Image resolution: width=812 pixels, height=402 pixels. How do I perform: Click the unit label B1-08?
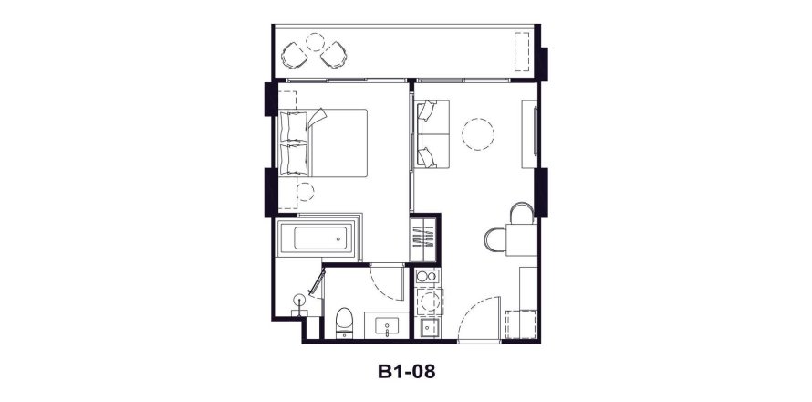406,372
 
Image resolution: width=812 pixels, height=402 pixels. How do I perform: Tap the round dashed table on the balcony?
315,41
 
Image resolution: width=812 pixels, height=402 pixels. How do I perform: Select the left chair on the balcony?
295,55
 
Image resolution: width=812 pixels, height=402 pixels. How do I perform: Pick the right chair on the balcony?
334,55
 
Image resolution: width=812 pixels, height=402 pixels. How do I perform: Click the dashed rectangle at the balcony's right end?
522,52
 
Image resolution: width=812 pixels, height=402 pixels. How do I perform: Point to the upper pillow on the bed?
294,127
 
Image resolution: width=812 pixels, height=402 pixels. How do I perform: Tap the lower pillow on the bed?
294,159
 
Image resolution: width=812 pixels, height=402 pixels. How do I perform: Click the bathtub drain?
338,239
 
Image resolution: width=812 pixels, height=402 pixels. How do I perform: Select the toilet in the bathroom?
344,323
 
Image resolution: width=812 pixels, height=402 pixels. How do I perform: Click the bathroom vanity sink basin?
387,326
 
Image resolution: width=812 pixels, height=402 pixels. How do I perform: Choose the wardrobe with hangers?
423,239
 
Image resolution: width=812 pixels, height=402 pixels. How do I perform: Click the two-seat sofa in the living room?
432,133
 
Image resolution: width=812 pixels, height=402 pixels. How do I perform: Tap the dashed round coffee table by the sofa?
477,134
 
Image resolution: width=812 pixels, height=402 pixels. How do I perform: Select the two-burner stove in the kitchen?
427,276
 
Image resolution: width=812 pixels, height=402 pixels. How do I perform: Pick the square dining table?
522,239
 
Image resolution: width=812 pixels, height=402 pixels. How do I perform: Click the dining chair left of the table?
495,240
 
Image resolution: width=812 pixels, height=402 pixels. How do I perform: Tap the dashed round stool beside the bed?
306,192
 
